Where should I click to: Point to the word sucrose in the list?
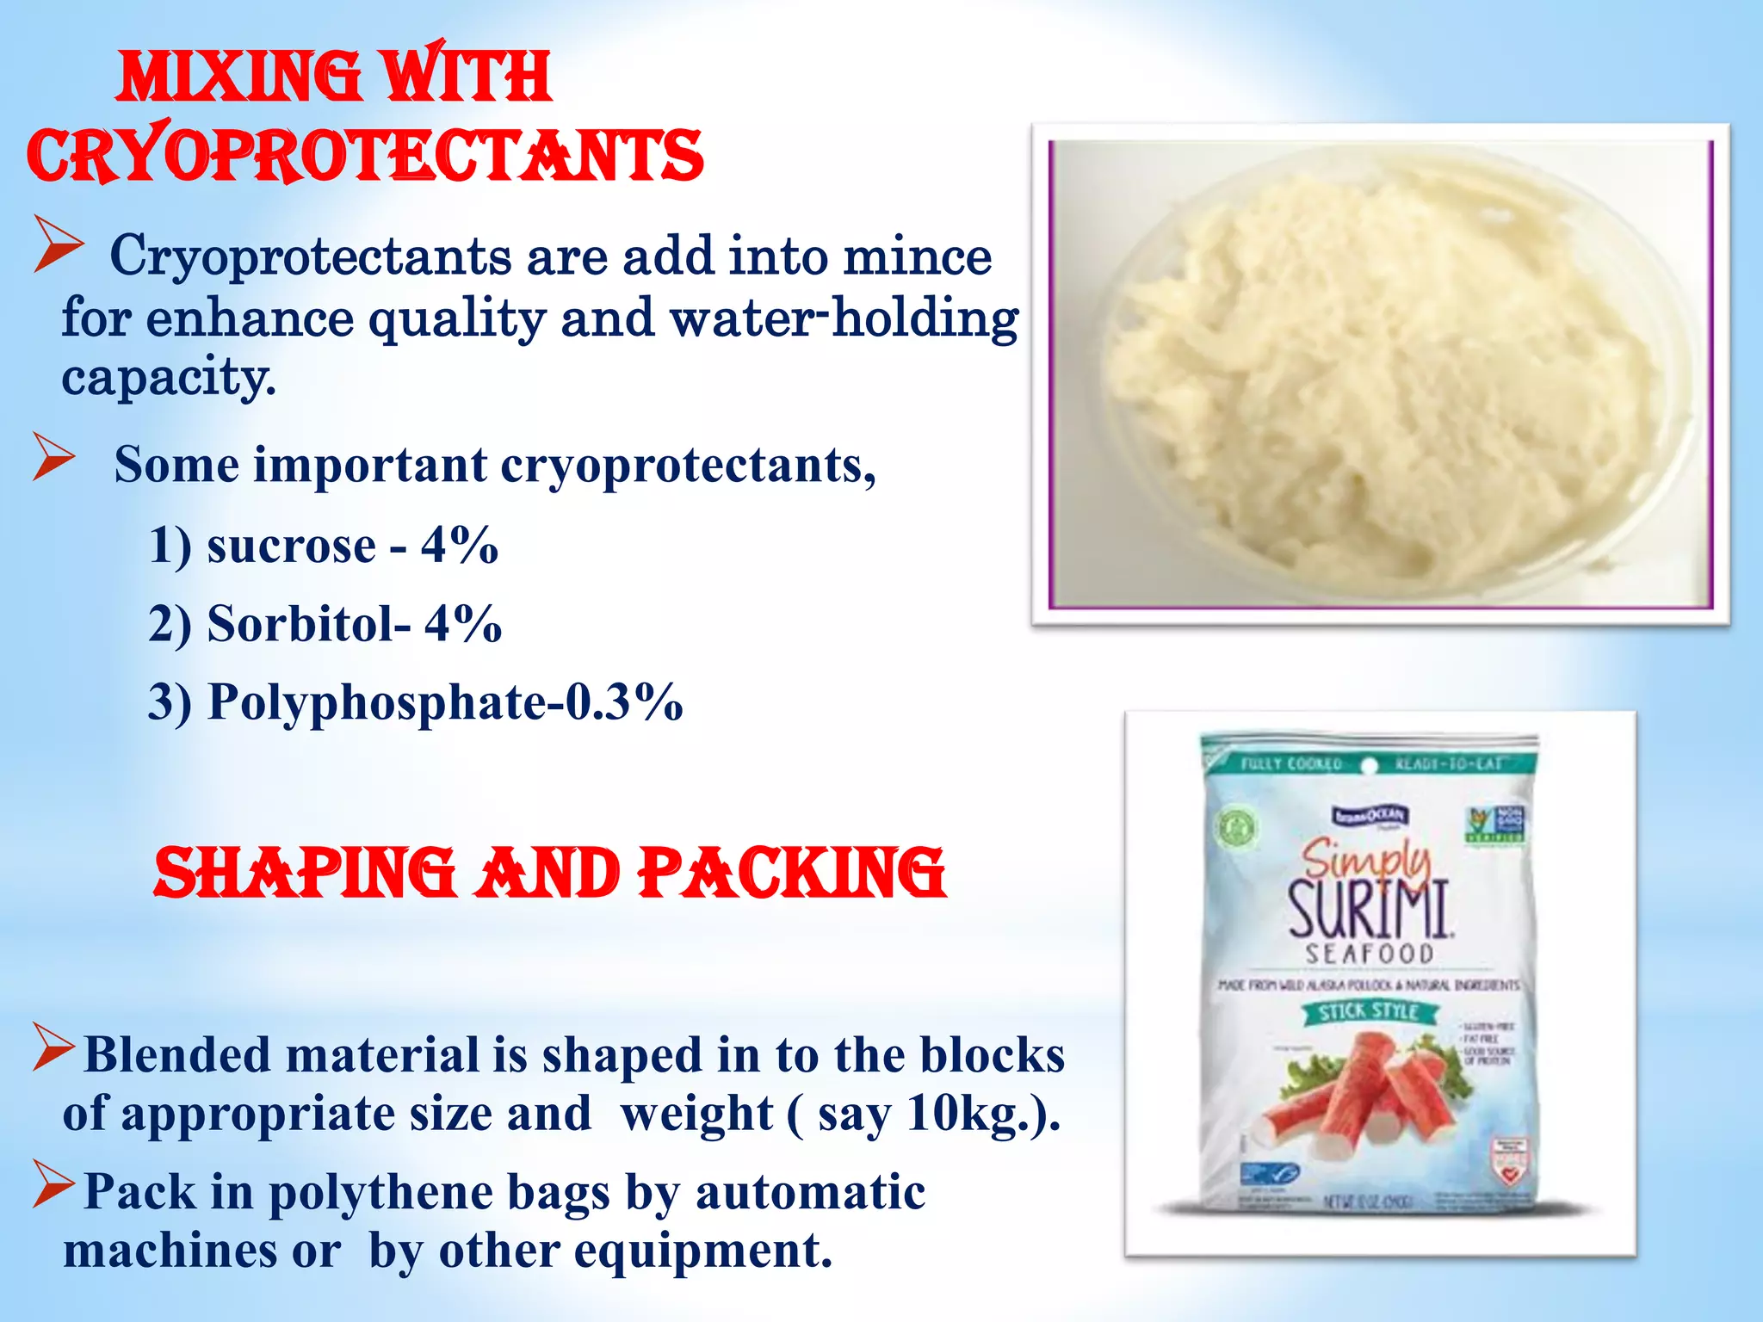(292, 546)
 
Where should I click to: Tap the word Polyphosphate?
(377, 703)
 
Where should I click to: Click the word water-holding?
(844, 318)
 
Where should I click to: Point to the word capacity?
(169, 377)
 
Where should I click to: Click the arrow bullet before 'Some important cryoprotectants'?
(54, 456)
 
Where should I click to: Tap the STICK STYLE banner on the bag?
(1369, 1011)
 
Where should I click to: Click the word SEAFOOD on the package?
(1370, 954)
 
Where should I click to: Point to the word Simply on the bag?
(1365, 857)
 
